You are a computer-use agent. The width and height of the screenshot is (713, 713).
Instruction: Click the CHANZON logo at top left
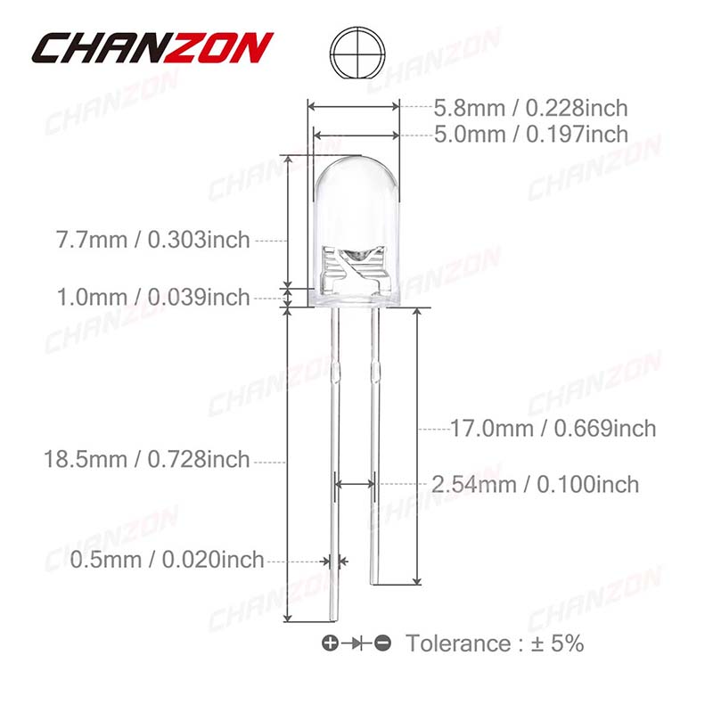pos(152,48)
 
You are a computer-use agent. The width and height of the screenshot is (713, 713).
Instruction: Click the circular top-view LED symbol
pos(357,52)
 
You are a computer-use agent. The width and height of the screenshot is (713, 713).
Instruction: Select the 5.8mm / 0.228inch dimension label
pos(530,108)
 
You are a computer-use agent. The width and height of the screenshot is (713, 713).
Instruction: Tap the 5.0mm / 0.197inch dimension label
pos(530,135)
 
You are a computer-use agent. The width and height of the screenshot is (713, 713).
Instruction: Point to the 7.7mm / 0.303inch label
pos(152,240)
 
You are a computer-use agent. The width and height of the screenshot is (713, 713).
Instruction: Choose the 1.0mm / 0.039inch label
pos(153,298)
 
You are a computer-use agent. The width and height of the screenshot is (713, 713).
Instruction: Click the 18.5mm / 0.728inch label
pos(147,459)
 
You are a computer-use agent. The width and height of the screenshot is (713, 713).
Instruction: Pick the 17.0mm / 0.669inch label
pos(553,429)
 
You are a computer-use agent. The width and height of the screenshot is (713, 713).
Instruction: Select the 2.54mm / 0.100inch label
pos(535,484)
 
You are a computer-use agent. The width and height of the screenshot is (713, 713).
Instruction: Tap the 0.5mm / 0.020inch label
pos(167,560)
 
